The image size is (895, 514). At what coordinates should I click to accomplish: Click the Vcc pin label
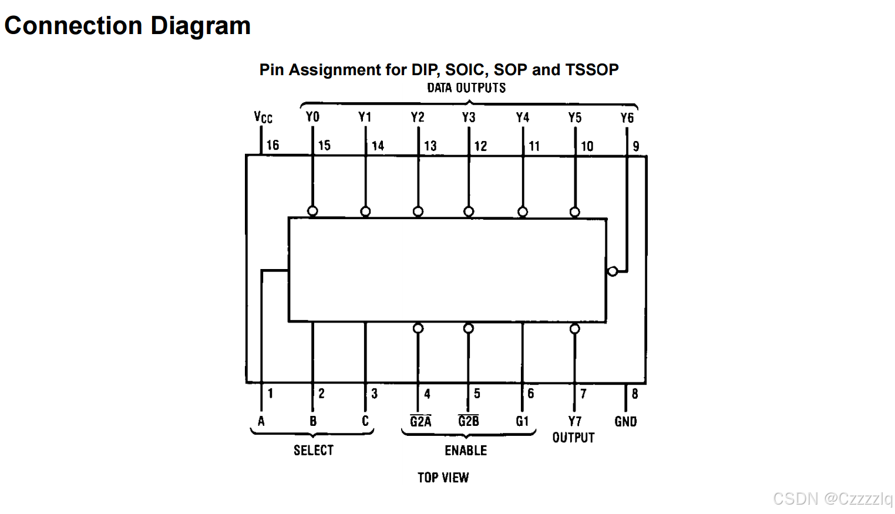tap(263, 117)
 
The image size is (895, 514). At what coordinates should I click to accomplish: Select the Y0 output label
tap(312, 117)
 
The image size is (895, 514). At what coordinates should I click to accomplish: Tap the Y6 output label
tap(627, 118)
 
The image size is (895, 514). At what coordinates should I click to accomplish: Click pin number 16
tap(272, 145)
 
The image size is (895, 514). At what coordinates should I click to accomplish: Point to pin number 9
tap(636, 146)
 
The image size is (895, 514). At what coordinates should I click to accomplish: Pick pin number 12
tap(480, 146)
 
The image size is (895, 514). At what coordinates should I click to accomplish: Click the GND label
tap(625, 422)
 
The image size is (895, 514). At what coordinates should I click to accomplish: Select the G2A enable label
tap(420, 421)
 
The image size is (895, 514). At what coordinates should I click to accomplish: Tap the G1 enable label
tap(522, 421)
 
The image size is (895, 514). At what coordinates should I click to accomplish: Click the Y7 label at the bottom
tap(575, 421)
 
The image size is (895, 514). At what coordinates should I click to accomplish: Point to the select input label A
tap(261, 421)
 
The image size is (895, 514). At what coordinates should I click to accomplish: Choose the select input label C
tap(365, 421)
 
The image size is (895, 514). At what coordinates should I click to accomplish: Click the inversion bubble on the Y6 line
tap(613, 271)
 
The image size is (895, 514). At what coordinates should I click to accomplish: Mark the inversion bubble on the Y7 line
tap(575, 329)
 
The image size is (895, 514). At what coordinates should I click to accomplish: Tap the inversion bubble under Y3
tap(469, 211)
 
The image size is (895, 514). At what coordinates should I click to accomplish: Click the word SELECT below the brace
tap(314, 451)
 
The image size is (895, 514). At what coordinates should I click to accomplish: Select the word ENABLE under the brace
tap(466, 451)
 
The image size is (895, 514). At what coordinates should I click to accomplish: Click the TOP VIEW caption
tap(443, 478)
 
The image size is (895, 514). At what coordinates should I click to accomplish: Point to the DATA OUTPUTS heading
tap(466, 88)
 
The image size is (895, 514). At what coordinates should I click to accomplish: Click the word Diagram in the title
tap(200, 26)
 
